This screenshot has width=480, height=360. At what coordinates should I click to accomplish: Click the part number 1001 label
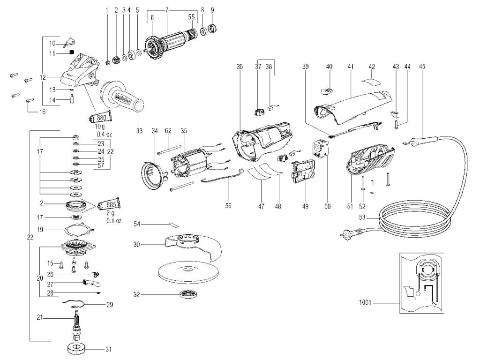[x=365, y=302]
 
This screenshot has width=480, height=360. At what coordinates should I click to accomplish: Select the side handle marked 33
[x=122, y=97]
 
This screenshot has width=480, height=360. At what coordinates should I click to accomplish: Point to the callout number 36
[x=240, y=67]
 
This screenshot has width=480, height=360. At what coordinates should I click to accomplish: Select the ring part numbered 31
[x=77, y=348]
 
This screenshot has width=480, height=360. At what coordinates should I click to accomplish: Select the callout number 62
[x=168, y=131]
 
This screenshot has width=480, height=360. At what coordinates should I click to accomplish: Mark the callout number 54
[x=137, y=225]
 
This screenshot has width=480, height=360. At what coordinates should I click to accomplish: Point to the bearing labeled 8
[x=202, y=31]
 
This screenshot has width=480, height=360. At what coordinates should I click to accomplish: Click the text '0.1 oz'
[x=114, y=220]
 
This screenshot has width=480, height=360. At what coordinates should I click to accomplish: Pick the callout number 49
[x=305, y=206]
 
